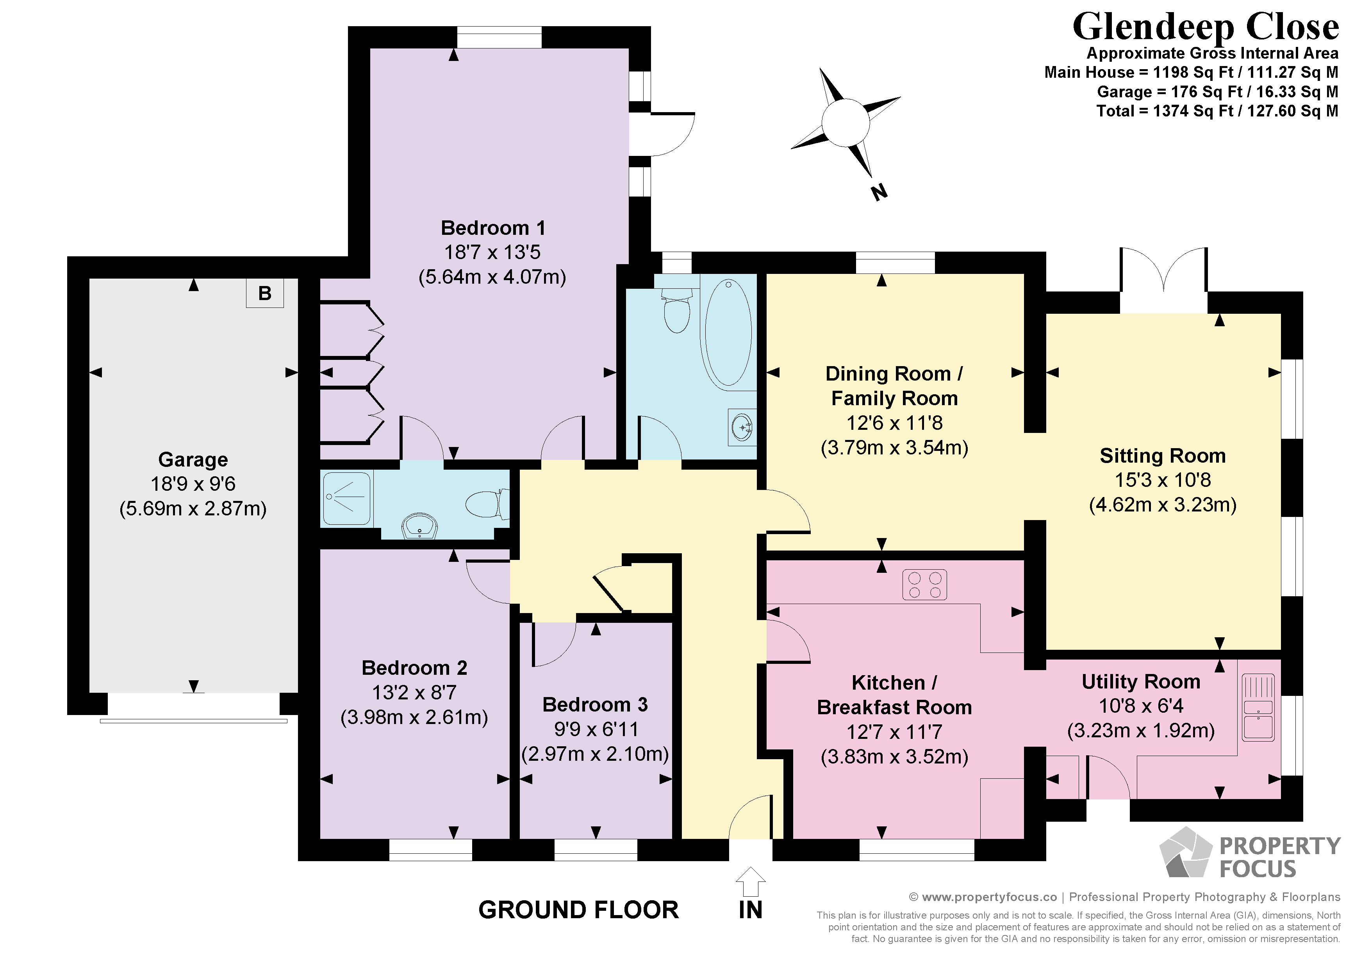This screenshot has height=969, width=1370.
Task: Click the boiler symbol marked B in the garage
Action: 265,293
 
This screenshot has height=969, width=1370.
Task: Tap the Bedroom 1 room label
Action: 493,228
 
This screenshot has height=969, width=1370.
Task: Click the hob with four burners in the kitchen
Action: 925,585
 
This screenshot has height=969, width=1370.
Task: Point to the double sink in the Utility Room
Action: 1258,708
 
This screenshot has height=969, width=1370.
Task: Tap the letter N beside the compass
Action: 878,192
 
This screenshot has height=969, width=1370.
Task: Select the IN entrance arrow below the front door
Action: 751,881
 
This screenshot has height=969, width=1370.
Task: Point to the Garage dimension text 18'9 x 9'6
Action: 193,484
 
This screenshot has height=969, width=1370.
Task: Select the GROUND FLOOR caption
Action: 579,910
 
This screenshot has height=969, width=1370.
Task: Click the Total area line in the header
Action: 1217,111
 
